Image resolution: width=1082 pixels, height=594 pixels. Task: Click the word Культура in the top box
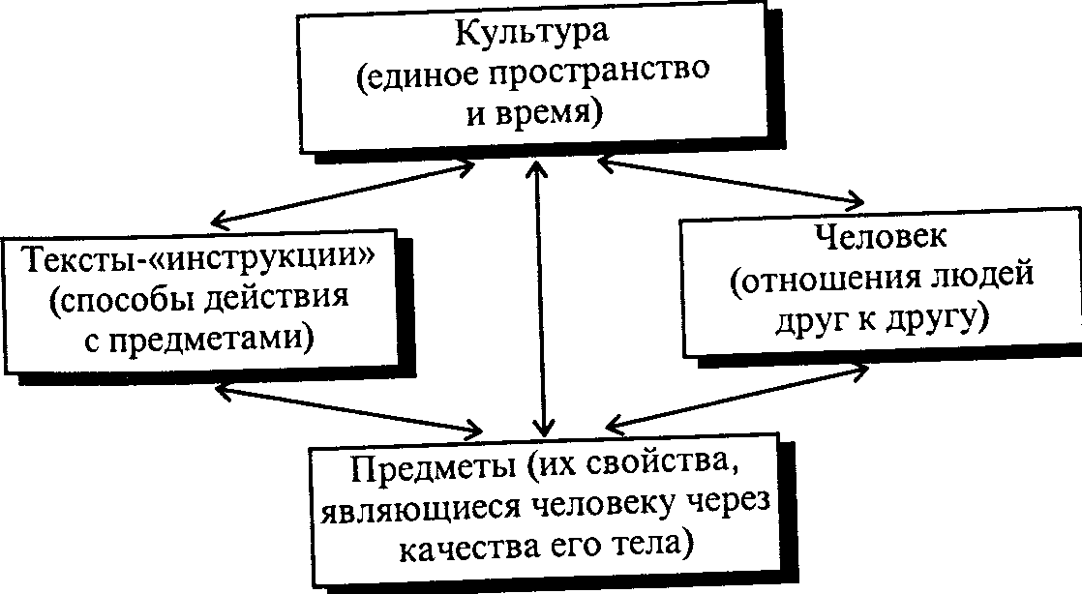[532, 33]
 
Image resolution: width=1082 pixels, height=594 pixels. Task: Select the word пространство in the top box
[600, 74]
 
